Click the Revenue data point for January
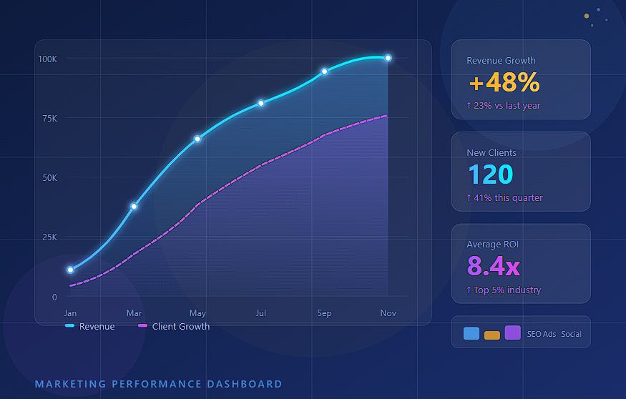coord(70,270)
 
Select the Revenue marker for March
coord(134,206)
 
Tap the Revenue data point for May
coord(197,139)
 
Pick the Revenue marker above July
coord(261,103)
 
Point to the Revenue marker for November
coord(388,58)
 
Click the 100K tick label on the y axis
coord(48,58)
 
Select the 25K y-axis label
coord(49,237)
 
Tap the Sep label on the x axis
coord(324,313)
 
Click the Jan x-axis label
coord(70,313)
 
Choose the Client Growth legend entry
coord(174,326)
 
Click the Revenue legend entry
coord(90,326)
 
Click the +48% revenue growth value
coord(504,83)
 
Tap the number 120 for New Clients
coord(490,174)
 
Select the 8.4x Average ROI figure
coord(493,267)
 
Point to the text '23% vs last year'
coord(504,106)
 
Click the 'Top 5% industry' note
coord(504,290)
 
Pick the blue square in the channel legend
coord(471,333)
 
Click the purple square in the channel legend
coord(512,332)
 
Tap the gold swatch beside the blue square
coord(492,335)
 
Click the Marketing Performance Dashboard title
coord(158,384)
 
